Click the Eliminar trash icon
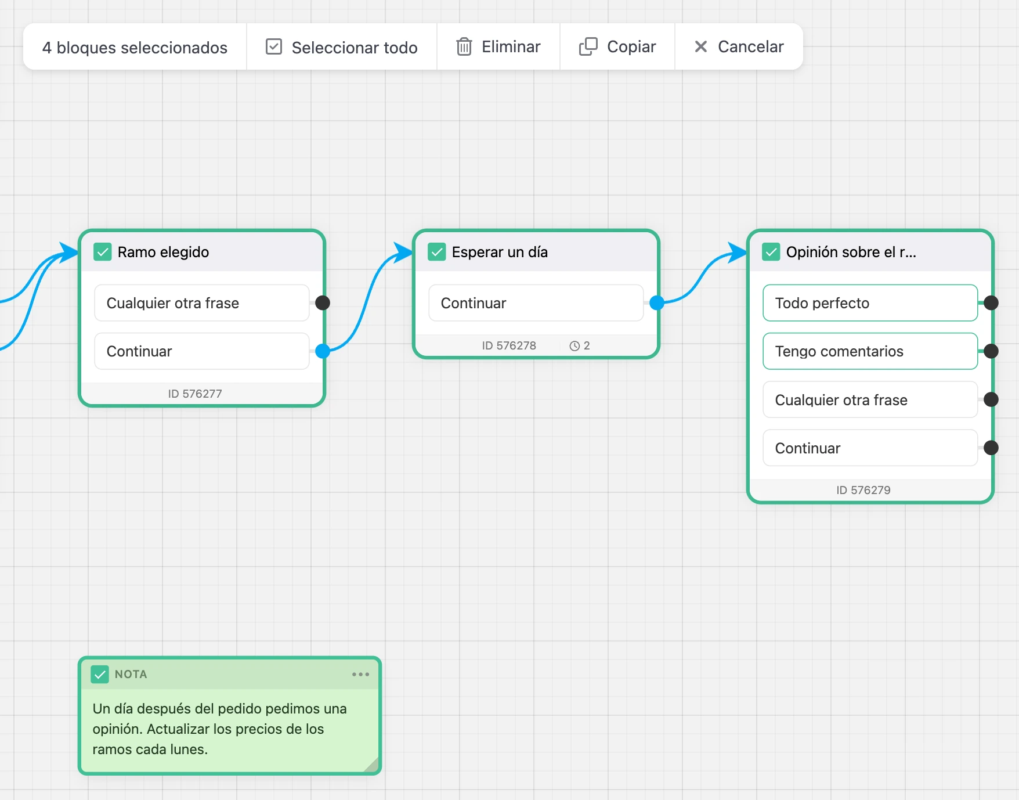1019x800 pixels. click(x=464, y=46)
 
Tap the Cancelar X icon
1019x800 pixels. click(x=701, y=46)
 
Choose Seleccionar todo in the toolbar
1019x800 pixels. click(x=342, y=47)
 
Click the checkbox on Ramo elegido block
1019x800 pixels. click(x=103, y=252)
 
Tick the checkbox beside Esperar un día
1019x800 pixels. click(x=437, y=252)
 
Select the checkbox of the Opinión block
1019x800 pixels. click(x=771, y=252)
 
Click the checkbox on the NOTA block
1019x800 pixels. click(x=100, y=674)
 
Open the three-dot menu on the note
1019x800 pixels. click(x=360, y=674)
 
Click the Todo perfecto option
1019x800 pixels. click(x=870, y=302)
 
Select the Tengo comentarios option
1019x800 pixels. click(x=870, y=351)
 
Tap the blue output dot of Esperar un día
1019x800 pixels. click(x=657, y=302)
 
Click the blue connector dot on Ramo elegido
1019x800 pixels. click(x=323, y=351)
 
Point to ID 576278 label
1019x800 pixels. click(x=509, y=345)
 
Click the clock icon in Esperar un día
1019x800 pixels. click(x=574, y=346)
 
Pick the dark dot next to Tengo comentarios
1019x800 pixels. click(x=991, y=351)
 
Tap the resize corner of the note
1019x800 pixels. click(x=371, y=765)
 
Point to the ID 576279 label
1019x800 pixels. click(x=863, y=490)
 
